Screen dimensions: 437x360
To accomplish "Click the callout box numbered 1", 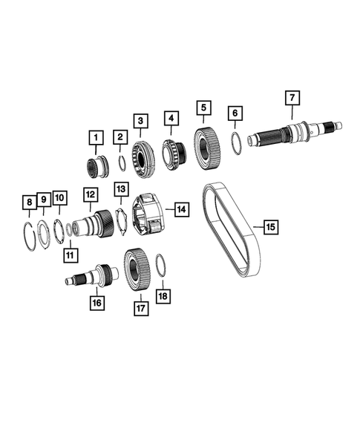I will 94,137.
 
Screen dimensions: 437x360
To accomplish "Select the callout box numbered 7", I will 292,98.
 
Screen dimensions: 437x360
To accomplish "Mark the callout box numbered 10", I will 59,197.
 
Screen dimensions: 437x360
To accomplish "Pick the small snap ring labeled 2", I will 122,164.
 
